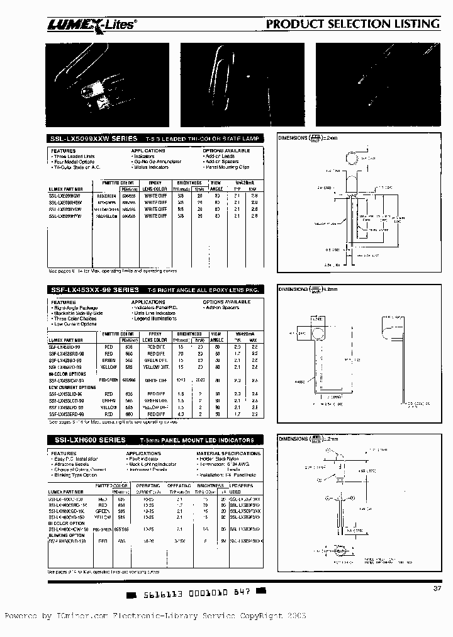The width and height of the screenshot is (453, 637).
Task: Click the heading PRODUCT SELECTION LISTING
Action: (x=352, y=24)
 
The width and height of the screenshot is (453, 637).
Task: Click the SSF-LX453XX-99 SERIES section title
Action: (x=85, y=290)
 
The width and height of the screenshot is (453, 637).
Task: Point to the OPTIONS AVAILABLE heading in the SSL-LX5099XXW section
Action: (x=226, y=151)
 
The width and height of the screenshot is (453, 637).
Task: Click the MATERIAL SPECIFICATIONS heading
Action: (x=226, y=453)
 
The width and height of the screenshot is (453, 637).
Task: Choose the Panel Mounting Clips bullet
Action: (x=226, y=167)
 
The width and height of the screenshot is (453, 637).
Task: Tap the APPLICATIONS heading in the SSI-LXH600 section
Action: (x=143, y=453)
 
